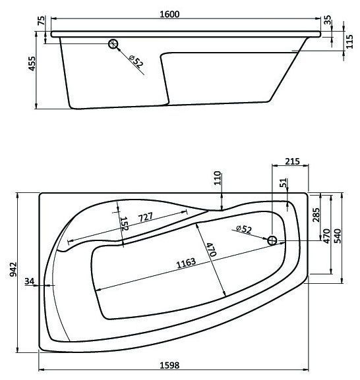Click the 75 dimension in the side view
pyautogui.click(x=42, y=22)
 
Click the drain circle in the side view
pyautogui.click(x=114, y=44)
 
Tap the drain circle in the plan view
pyautogui.click(x=272, y=240)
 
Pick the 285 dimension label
pyautogui.click(x=316, y=215)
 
